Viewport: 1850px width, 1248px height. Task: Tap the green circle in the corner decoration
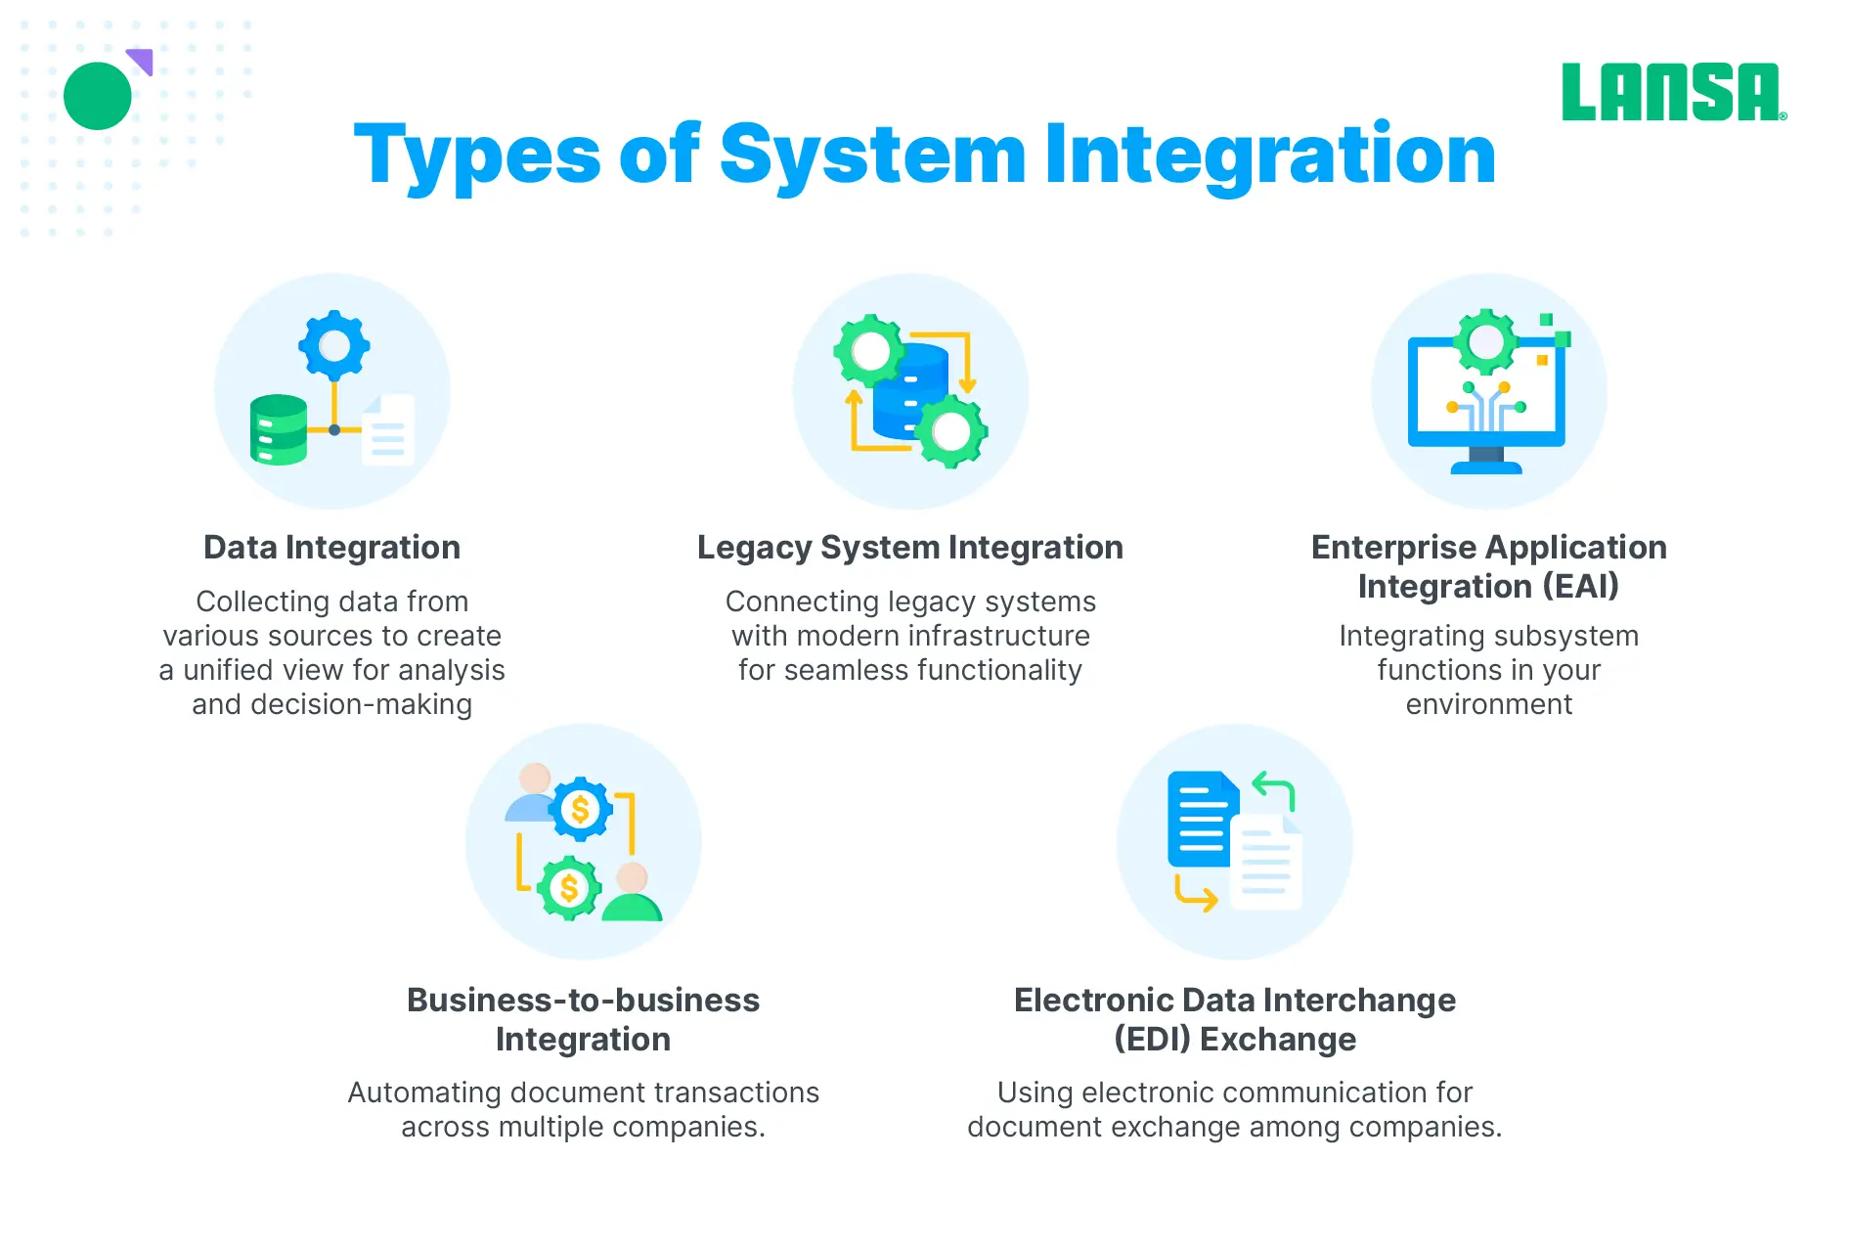[x=98, y=96]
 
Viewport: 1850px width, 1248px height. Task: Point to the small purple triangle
[x=141, y=61]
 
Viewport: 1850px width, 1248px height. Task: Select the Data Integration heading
[x=331, y=548]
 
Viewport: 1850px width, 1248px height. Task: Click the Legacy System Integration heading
[x=910, y=548]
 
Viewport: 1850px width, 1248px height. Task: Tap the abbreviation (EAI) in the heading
[x=1580, y=587]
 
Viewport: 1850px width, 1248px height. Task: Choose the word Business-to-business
[x=583, y=1000]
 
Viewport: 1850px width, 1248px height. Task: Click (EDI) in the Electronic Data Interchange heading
[x=1152, y=1039]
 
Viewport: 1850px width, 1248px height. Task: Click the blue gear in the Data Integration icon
[x=334, y=345]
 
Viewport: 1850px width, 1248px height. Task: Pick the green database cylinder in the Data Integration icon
[x=279, y=429]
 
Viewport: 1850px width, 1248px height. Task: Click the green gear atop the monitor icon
[x=1486, y=341]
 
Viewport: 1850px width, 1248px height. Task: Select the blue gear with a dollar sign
[x=581, y=809]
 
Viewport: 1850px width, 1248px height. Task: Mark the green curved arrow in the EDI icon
[x=1275, y=789]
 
